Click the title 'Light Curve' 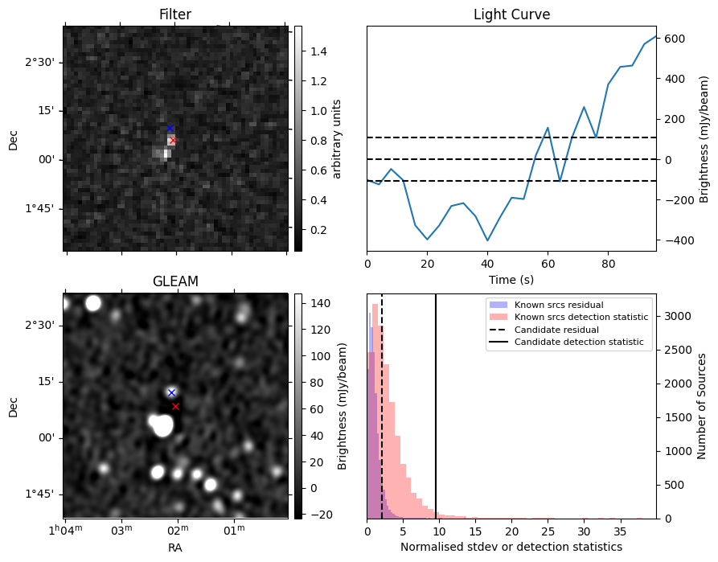511,14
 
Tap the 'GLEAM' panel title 175,281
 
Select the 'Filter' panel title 175,14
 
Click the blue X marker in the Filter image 170,129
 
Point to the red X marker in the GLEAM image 175,406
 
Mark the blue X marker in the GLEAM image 172,392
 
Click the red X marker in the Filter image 173,141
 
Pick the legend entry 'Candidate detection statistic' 579,342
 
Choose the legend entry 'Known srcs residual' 559,305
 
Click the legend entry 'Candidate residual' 556,330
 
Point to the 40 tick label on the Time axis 487,264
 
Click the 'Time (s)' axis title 511,280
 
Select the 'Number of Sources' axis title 701,406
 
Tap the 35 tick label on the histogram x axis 621,531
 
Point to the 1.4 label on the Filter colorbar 318,51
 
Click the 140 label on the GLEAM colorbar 320,303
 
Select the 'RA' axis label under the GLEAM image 175,548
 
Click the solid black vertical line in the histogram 436,406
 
